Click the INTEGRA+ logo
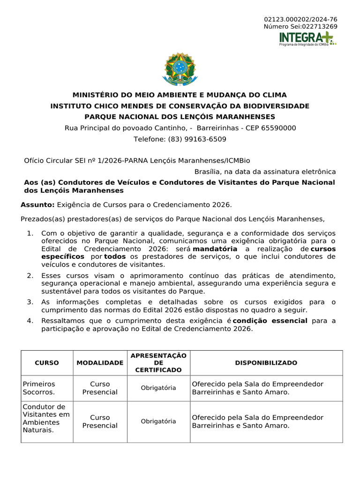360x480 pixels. [307, 38]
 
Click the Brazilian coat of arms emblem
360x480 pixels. [180, 69]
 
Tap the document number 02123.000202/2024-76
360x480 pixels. [300, 19]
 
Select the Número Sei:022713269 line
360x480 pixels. [300, 26]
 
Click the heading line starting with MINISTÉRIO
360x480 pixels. [180, 95]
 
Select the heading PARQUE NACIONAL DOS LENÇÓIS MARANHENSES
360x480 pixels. [180, 117]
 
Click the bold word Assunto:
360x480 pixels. [38, 205]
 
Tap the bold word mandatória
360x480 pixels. [215, 249]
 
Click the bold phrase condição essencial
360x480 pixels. [270, 321]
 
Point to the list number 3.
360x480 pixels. [30, 302]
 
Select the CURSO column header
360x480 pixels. [47, 363]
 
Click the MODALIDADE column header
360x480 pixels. [100, 363]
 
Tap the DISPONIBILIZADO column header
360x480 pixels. [266, 363]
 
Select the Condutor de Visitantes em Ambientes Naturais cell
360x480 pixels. [46, 418]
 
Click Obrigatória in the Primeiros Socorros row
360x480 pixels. [158, 388]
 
